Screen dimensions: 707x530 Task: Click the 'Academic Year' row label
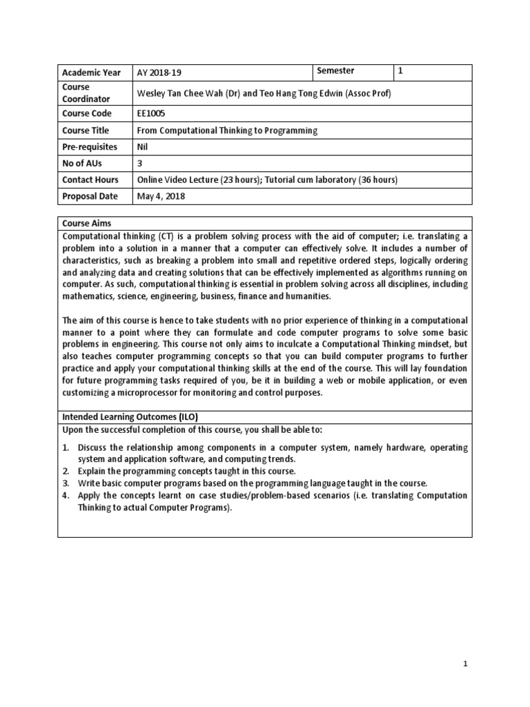[x=91, y=72]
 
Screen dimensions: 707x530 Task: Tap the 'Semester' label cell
[x=335, y=71]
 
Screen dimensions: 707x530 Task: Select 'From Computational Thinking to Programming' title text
[x=228, y=130]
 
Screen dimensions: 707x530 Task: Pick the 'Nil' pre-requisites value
[x=144, y=146]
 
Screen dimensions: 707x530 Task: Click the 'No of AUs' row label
[x=84, y=163]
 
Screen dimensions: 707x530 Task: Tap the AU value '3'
[x=141, y=163]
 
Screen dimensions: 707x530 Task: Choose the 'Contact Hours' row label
[x=90, y=180]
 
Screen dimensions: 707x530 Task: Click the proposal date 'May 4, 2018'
[x=161, y=196]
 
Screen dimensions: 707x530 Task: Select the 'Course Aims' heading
[x=86, y=224]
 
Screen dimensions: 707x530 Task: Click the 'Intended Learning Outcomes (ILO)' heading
[x=130, y=416]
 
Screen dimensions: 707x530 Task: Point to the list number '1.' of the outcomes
[x=67, y=447]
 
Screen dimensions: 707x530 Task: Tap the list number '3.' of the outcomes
[x=67, y=483]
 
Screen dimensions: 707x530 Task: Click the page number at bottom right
[x=465, y=683]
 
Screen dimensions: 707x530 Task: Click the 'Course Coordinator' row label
[x=86, y=93]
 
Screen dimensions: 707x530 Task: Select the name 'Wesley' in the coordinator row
[x=152, y=93]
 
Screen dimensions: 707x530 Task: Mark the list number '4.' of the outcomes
[x=67, y=495]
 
